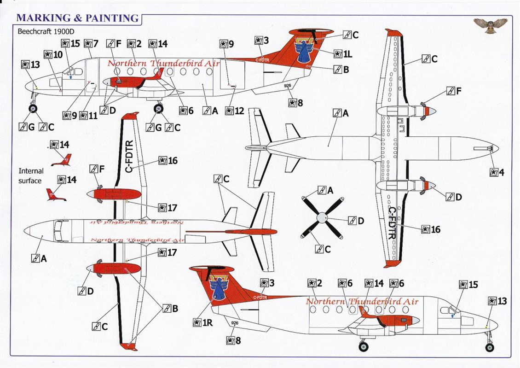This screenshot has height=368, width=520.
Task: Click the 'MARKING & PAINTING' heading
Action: click(x=78, y=18)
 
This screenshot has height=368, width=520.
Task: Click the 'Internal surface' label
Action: click(x=30, y=176)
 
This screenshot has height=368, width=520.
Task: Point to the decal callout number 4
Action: click(x=497, y=172)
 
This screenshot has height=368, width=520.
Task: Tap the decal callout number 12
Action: click(x=235, y=111)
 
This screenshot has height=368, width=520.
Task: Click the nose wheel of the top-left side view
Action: click(x=33, y=109)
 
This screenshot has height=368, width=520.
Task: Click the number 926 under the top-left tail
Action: click(x=288, y=86)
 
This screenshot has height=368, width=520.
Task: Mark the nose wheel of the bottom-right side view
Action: click(x=489, y=347)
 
